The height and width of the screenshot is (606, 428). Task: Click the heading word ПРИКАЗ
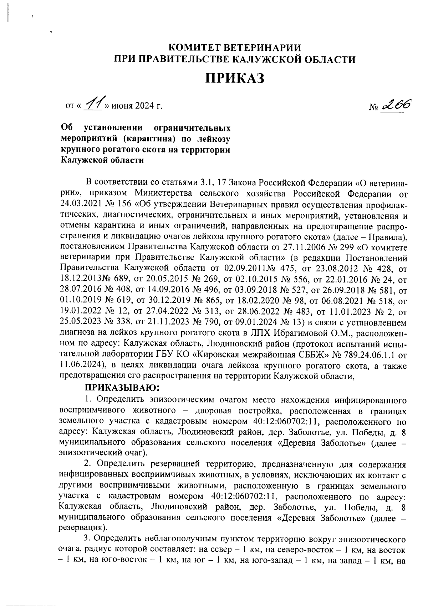[x=234, y=77]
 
